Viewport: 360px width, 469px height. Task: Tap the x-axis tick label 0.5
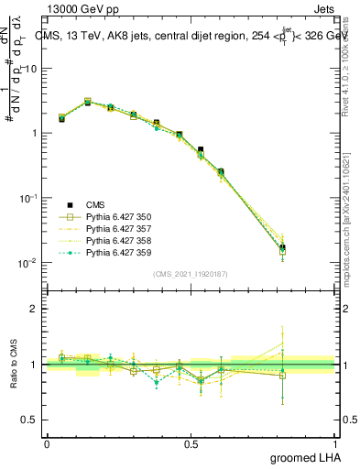191,443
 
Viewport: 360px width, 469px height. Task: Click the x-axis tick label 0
47,443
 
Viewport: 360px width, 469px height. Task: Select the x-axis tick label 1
335,443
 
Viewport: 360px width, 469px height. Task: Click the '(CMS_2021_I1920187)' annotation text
191,274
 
